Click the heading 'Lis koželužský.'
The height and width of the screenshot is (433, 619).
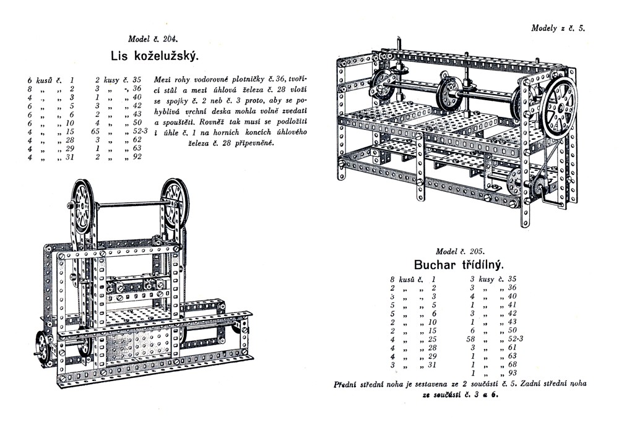point(155,56)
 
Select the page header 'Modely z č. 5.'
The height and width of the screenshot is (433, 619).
point(558,28)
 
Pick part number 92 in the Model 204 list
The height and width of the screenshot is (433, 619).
point(137,157)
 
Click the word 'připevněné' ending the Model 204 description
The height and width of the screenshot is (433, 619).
point(250,143)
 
